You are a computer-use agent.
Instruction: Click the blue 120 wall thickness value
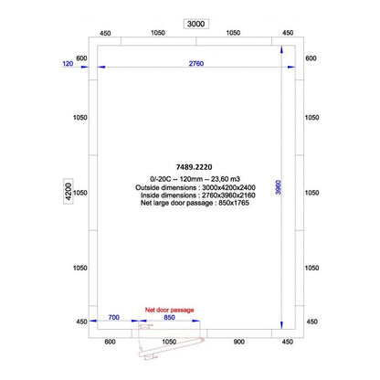(68, 63)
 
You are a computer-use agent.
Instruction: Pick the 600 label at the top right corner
(310, 58)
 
